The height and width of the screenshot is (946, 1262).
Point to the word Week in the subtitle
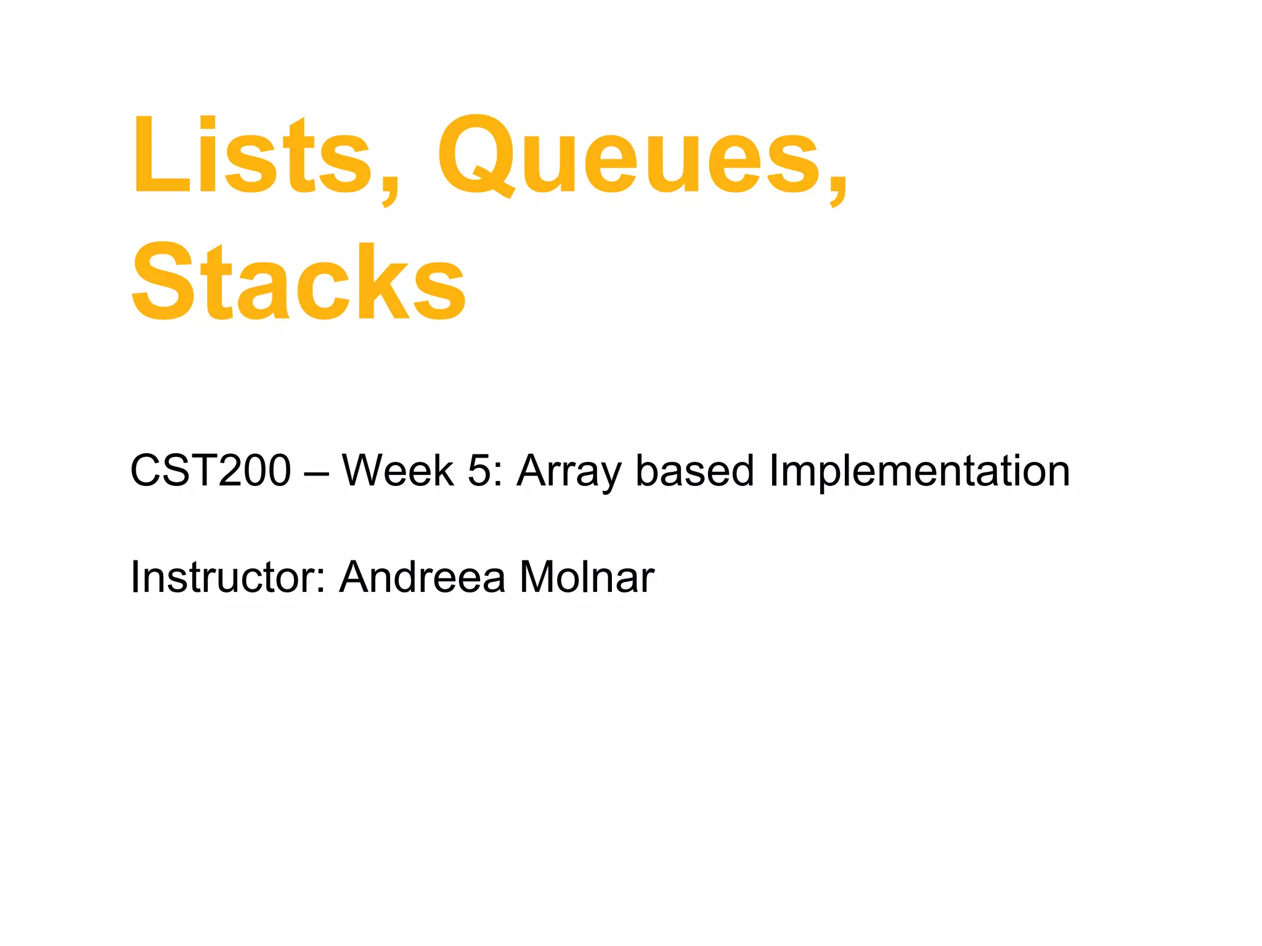[x=397, y=471]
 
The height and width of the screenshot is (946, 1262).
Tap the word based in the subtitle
[x=695, y=471]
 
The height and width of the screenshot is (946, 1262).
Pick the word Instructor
[x=226, y=577]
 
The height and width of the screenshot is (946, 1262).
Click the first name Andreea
[x=422, y=577]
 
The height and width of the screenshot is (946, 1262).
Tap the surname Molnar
[x=587, y=577]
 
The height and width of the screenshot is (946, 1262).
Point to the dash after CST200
[x=317, y=473]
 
